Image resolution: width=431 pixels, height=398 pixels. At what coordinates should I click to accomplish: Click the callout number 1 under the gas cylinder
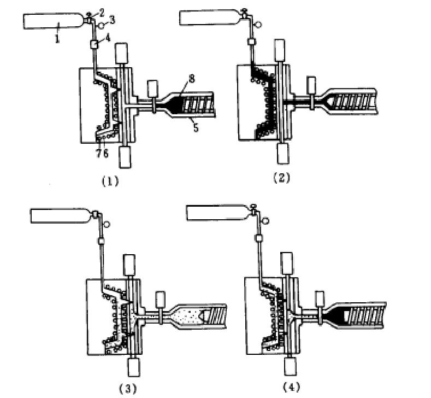tap(57, 38)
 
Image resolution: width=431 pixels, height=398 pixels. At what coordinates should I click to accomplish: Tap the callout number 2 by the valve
tap(102, 12)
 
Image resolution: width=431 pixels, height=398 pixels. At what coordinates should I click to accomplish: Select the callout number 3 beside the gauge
tap(112, 20)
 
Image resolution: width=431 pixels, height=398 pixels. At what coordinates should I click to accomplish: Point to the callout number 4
tap(108, 38)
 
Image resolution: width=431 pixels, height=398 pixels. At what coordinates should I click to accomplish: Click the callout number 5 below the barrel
tap(196, 127)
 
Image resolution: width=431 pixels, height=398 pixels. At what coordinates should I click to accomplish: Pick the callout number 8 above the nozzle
tap(192, 79)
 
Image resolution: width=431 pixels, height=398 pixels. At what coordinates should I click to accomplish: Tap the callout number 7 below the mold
tap(98, 153)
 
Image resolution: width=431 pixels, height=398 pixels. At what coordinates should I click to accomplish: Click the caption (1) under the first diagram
tap(110, 182)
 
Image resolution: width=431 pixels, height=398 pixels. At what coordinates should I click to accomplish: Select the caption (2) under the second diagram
tap(281, 178)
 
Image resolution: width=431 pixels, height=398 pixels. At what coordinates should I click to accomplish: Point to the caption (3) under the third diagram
tap(128, 389)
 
